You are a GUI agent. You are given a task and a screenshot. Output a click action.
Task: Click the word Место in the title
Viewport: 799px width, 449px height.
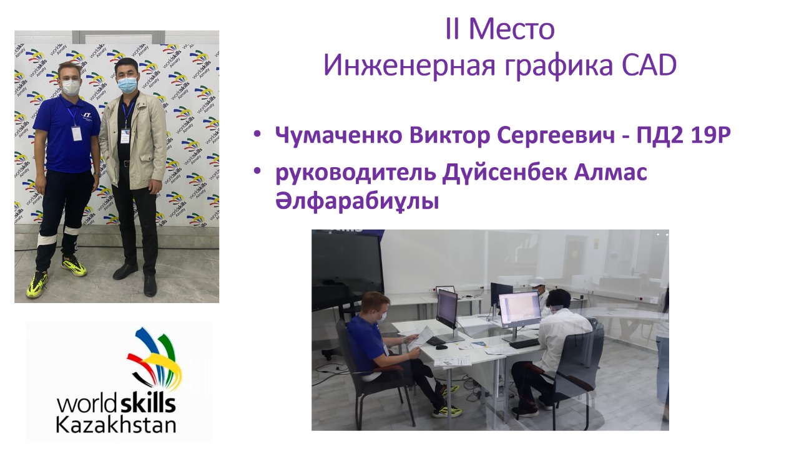pos(511,29)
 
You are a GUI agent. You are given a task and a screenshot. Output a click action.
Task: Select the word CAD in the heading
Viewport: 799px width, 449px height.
pos(649,65)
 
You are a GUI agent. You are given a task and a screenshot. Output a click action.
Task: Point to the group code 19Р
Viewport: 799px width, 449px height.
pos(710,135)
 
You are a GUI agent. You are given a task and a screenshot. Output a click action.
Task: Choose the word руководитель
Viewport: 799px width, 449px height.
pos(356,173)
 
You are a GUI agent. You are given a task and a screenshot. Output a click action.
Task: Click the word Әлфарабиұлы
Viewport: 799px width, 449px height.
pos(357,201)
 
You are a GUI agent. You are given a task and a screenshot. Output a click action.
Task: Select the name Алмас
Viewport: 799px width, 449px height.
pos(610,172)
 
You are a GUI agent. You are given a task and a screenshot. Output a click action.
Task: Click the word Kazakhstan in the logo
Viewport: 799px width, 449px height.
pos(116,425)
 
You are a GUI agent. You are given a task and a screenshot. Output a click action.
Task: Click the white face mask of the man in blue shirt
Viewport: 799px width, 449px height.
pos(71,87)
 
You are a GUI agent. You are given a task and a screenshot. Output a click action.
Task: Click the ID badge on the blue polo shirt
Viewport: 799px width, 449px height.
pos(76,133)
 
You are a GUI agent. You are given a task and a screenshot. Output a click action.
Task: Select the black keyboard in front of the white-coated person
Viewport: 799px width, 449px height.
pos(524,343)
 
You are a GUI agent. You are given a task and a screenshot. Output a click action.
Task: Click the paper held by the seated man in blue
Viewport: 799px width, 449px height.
pos(420,338)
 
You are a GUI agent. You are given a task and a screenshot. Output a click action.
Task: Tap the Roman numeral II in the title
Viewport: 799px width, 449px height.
pos(453,29)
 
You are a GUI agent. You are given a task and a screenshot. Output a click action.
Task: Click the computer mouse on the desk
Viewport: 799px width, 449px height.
pos(441,347)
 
